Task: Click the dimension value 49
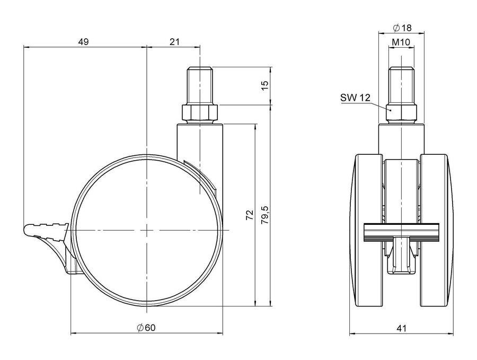(83, 42)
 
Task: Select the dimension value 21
(174, 42)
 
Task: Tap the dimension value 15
(265, 85)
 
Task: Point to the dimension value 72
(250, 215)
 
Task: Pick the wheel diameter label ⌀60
(147, 328)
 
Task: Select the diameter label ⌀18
(402, 28)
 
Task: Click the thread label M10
(401, 42)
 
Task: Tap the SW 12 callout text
(355, 98)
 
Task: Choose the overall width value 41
(402, 328)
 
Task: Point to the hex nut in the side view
(200, 112)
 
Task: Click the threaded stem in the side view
(200, 85)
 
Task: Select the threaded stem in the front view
(402, 85)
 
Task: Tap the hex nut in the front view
(402, 112)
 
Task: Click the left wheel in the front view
(367, 231)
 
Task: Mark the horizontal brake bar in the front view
(402, 232)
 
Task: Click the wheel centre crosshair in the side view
(147, 230)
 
